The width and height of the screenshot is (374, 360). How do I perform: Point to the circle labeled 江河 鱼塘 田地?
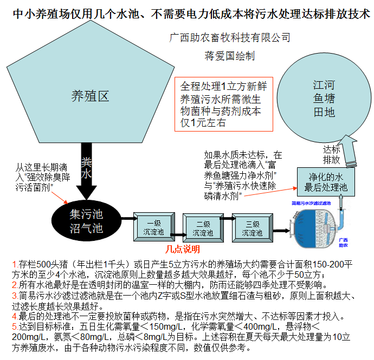[x=324, y=100]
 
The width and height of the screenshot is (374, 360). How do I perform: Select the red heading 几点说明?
[x=183, y=250]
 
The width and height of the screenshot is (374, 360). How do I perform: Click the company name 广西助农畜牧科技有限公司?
[x=230, y=38]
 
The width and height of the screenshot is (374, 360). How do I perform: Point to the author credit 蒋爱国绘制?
[x=229, y=55]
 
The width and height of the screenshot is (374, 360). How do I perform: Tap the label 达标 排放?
[x=332, y=154]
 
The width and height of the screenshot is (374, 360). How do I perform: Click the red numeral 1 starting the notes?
[x=15, y=264]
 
